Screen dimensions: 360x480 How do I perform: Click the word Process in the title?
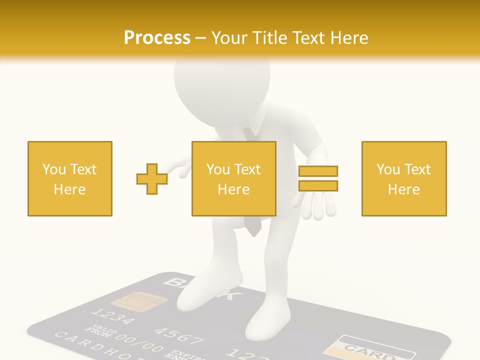157,38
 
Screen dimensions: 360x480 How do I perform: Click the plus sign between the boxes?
152,178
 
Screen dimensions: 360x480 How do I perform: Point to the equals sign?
318,178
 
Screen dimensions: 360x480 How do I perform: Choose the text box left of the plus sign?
70,178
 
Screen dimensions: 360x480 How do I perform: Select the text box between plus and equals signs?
234,178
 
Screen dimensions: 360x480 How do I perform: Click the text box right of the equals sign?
404,178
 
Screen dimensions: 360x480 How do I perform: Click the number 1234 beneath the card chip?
112,317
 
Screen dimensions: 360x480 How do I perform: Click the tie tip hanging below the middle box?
254,229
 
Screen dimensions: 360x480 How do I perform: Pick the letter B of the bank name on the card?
172,283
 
